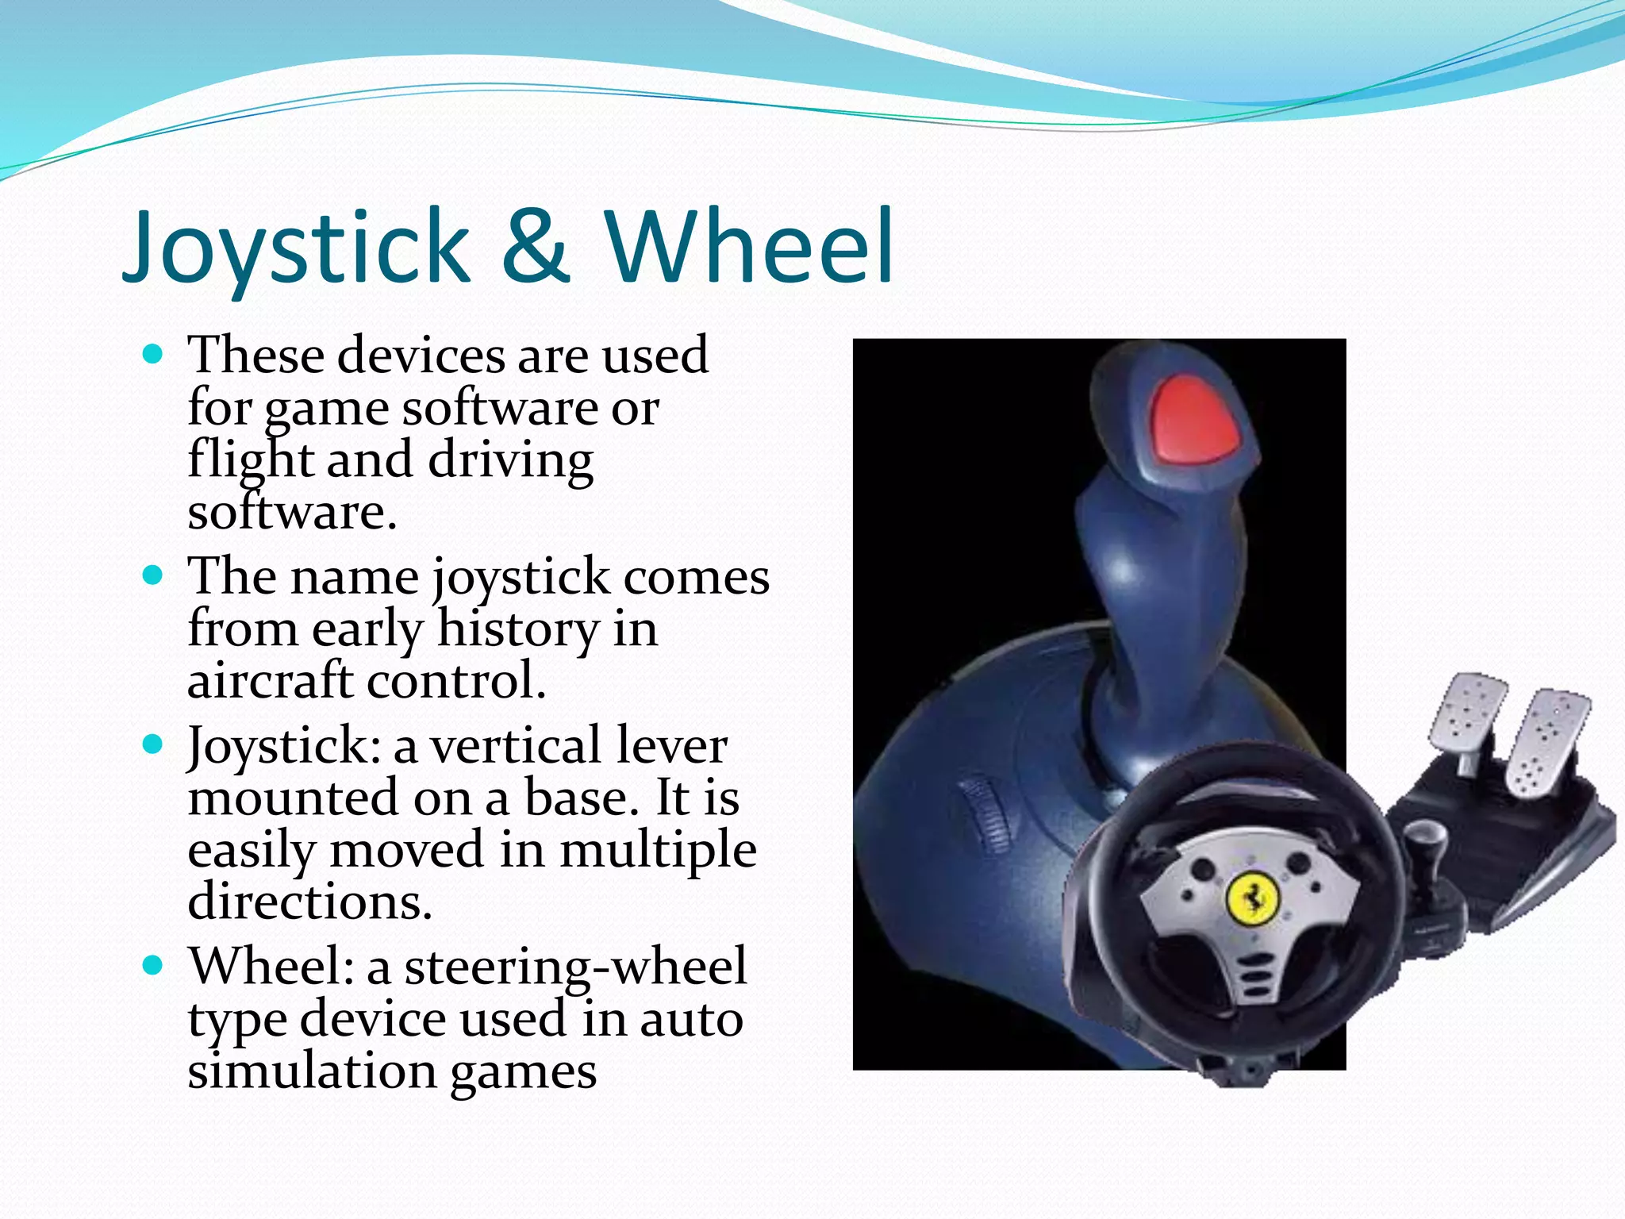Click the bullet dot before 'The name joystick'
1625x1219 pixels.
152,574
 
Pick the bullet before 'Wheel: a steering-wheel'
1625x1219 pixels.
152,965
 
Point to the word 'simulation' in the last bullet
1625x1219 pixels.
312,1071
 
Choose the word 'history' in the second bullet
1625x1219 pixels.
517,629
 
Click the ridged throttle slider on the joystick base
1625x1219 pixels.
984,813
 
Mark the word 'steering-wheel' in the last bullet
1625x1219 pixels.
575,967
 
